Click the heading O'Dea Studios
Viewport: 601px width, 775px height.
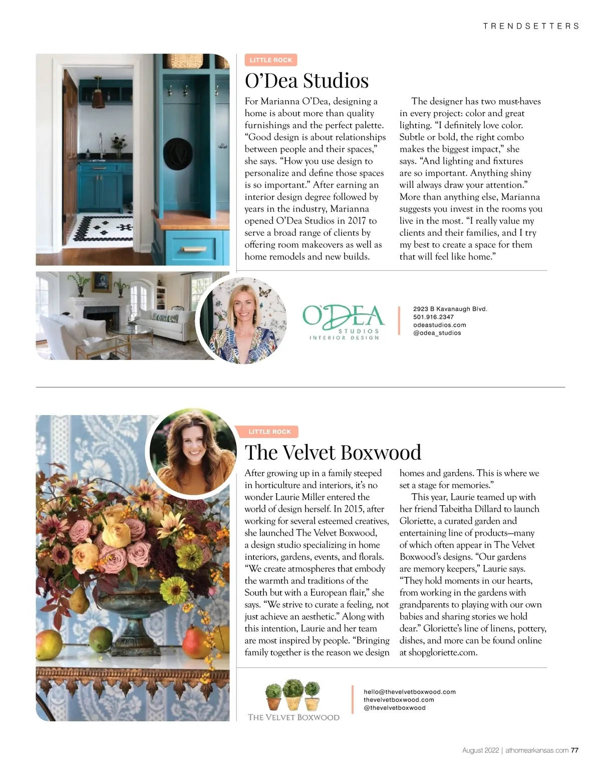(307, 81)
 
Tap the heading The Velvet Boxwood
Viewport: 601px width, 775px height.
(333, 453)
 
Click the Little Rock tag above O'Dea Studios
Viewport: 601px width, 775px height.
(271, 60)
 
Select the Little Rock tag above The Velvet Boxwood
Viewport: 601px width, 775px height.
(269, 432)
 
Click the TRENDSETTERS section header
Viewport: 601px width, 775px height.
(531, 26)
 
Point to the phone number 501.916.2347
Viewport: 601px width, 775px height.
(433, 317)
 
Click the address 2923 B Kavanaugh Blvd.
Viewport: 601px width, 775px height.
(450, 309)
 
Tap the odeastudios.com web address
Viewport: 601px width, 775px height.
(439, 325)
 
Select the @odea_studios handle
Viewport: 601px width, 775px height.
(437, 333)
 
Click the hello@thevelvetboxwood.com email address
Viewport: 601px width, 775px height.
(409, 692)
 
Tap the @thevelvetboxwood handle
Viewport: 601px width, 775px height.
(394, 708)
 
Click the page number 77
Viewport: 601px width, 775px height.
(574, 750)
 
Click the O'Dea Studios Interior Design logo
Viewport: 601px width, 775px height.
(344, 322)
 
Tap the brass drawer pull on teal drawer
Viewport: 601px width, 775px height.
(193, 249)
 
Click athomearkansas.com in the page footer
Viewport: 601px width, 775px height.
(537, 750)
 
